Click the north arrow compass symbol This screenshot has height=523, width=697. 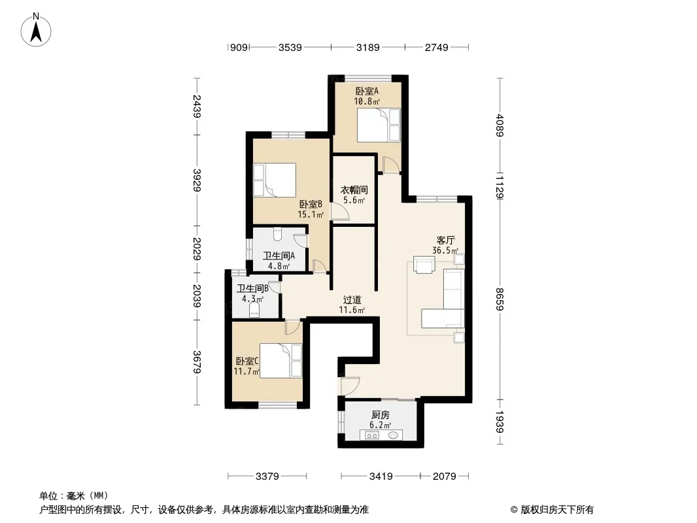tap(36, 29)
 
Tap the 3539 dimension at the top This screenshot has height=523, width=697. tap(290, 47)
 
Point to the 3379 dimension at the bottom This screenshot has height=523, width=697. tap(267, 477)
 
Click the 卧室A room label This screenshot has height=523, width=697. tap(367, 91)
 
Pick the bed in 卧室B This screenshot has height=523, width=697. tap(274, 180)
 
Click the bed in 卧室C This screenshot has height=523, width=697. tap(280, 361)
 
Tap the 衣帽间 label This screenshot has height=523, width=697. tap(354, 190)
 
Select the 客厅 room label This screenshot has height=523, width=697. tap(445, 241)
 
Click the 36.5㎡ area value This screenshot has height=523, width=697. tap(445, 250)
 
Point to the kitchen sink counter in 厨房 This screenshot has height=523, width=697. tap(381, 435)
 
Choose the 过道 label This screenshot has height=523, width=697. tap(352, 300)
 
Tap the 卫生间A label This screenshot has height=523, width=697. tap(279, 256)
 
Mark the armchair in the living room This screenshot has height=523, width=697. tap(424, 264)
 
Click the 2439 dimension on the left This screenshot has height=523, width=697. tap(197, 107)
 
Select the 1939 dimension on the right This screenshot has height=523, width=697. tap(500, 422)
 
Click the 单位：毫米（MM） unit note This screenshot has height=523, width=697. tap(74, 496)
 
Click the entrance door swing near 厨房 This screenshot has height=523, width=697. tap(349, 386)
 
